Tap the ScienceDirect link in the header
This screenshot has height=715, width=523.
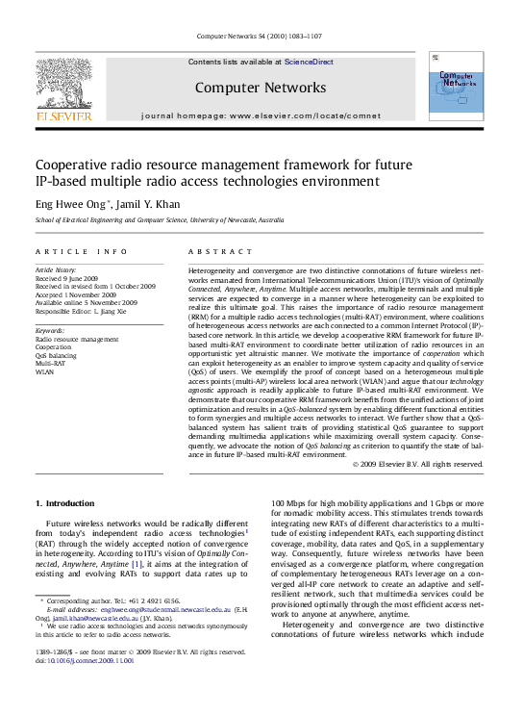coord(309,62)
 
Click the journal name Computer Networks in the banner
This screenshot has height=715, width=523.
coord(261,88)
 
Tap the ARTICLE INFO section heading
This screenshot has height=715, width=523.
coord(81,251)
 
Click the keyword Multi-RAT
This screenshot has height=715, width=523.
coord(51,364)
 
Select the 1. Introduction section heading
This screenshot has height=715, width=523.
coord(64,503)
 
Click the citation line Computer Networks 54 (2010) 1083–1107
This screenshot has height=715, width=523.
coord(261,38)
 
